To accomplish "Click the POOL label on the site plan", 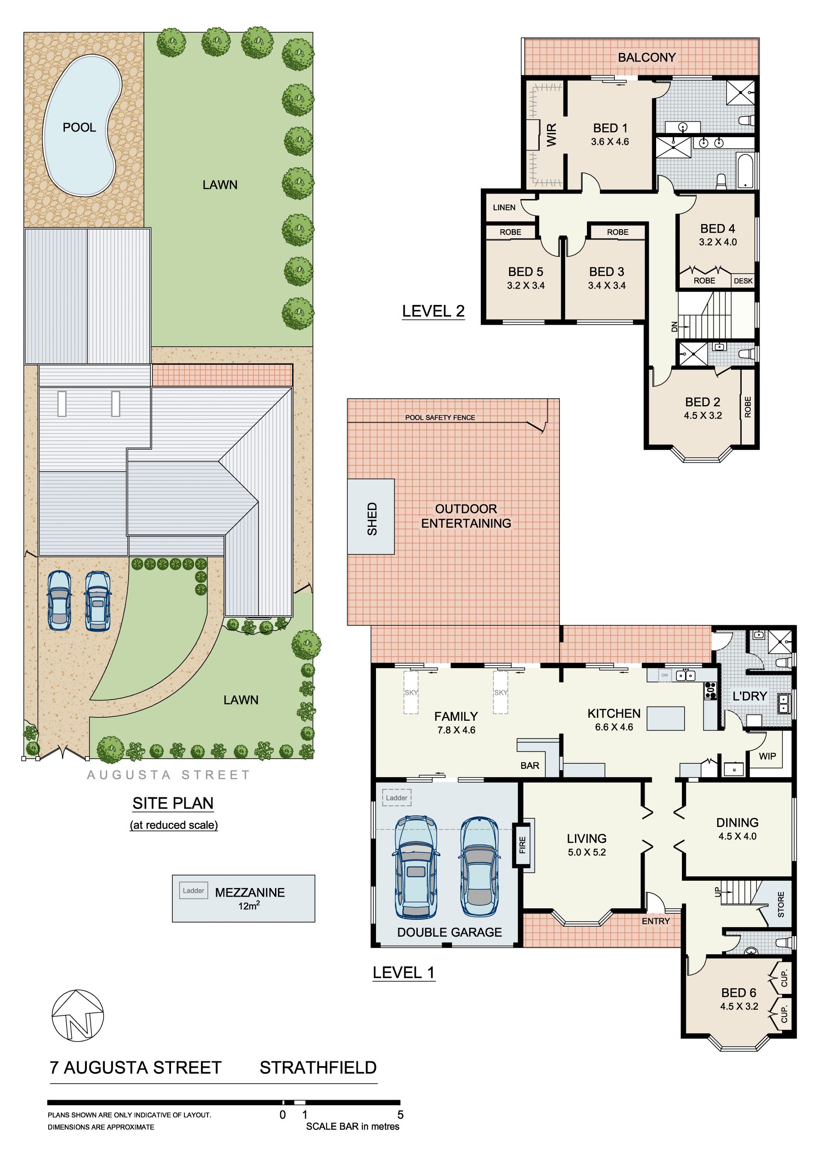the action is [79, 128].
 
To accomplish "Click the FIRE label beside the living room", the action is [522, 845].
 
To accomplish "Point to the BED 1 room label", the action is [610, 128].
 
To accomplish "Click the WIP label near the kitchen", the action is [767, 756].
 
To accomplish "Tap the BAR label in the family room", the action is [530, 765].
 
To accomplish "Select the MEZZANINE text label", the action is [250, 892].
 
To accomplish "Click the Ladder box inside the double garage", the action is [397, 798].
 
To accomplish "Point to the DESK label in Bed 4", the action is [743, 281].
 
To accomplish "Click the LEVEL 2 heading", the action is [433, 311].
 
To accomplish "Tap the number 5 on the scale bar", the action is [400, 1115].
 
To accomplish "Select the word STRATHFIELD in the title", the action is [318, 1068].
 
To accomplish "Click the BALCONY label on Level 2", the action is [647, 58].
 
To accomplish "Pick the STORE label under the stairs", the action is [781, 904].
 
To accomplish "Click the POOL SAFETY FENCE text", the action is [440, 418].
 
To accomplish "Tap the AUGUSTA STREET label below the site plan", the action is [168, 775].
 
